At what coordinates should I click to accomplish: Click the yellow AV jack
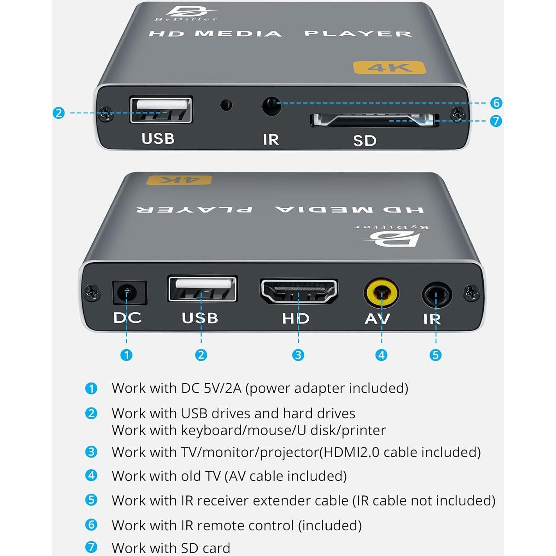pyautogui.click(x=381, y=292)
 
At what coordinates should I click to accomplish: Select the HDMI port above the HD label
pyautogui.click(x=299, y=291)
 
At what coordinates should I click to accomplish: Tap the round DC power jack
pyautogui.click(x=127, y=292)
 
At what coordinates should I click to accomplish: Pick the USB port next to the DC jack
pyautogui.click(x=202, y=289)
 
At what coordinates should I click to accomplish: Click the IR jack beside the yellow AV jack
pyautogui.click(x=436, y=294)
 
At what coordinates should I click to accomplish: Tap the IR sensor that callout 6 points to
pyautogui.click(x=271, y=106)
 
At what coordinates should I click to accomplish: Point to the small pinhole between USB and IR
pyautogui.click(x=226, y=105)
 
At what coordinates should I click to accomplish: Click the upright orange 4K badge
pyautogui.click(x=389, y=68)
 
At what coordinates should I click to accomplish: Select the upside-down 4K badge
pyautogui.click(x=179, y=180)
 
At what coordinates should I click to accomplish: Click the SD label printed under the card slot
pyautogui.click(x=365, y=141)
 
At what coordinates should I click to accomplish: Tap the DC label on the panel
pyautogui.click(x=127, y=318)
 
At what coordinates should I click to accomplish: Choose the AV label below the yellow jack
pyautogui.click(x=377, y=319)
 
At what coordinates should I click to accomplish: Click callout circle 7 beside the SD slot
pyautogui.click(x=496, y=121)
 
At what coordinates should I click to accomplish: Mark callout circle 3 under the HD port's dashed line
pyautogui.click(x=298, y=355)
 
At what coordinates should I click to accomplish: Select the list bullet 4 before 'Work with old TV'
pyautogui.click(x=91, y=476)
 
